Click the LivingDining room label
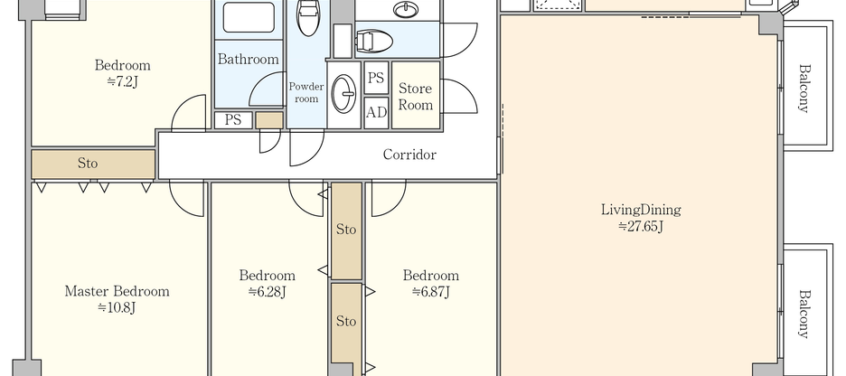coord(640,210)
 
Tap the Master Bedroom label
coord(117,291)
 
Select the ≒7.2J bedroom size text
coord(122,81)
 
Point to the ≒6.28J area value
coord(268,292)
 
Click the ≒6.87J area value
coord(430,292)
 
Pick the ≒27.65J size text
coord(640,226)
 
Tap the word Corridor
coord(409,155)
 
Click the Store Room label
coord(416,96)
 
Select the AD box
coord(377,113)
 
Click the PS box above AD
coord(377,78)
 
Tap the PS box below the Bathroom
coord(232,119)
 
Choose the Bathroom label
coord(248,59)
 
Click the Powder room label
coord(306,92)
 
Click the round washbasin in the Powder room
coord(344,93)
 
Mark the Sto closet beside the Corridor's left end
coord(93,164)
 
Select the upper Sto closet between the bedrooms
coord(346,230)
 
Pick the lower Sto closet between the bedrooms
coord(346,321)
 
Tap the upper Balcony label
coord(804,89)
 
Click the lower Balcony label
coord(804,313)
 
